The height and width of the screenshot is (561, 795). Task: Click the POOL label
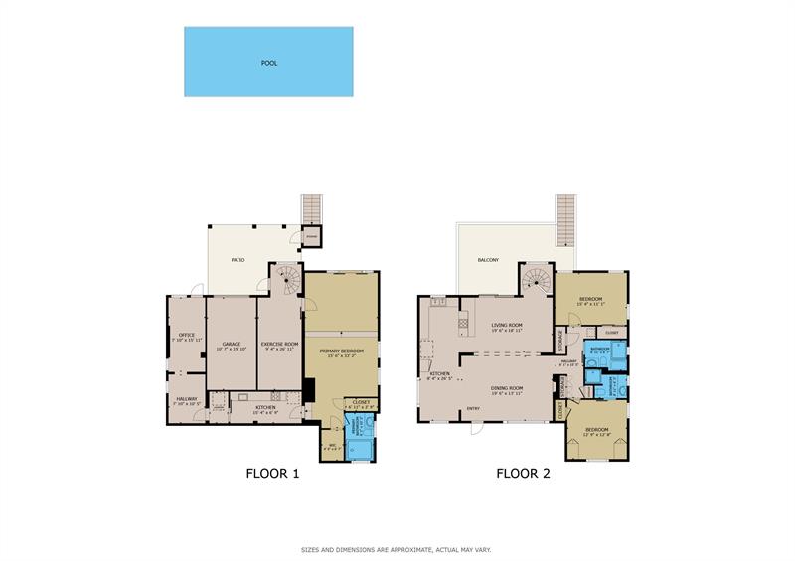coord(268,63)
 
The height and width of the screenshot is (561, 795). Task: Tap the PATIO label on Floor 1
coord(238,260)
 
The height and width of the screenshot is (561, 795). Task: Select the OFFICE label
coord(186,336)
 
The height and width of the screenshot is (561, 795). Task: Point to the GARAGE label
coord(232,345)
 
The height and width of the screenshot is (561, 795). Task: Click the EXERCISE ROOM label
coord(279,345)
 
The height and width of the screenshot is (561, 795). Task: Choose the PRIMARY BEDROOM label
coord(341,351)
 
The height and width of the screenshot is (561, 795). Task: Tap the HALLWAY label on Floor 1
coord(187,400)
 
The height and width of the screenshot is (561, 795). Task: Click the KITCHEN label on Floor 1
coord(265,408)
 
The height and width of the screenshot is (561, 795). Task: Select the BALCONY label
coord(488,260)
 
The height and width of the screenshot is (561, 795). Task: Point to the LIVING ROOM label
coord(507,325)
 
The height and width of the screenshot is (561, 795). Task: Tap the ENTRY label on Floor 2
coord(474,408)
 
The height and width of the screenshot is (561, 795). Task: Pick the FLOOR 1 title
coord(272,474)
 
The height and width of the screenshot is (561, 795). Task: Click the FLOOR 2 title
coord(523,474)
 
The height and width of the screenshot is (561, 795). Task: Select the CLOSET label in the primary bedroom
coord(360,402)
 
